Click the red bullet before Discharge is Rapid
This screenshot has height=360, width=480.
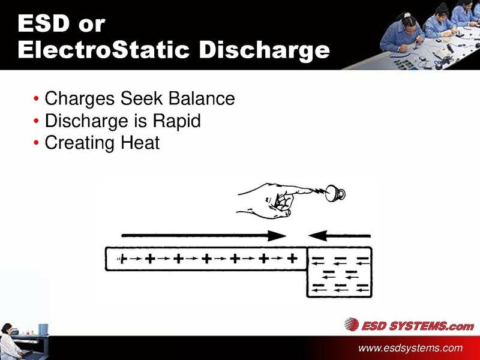coord(37,121)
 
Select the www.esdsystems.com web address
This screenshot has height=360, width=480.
coord(410,348)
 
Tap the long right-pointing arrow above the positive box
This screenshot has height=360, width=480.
coord(204,235)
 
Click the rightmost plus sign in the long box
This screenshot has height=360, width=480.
coord(292,259)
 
